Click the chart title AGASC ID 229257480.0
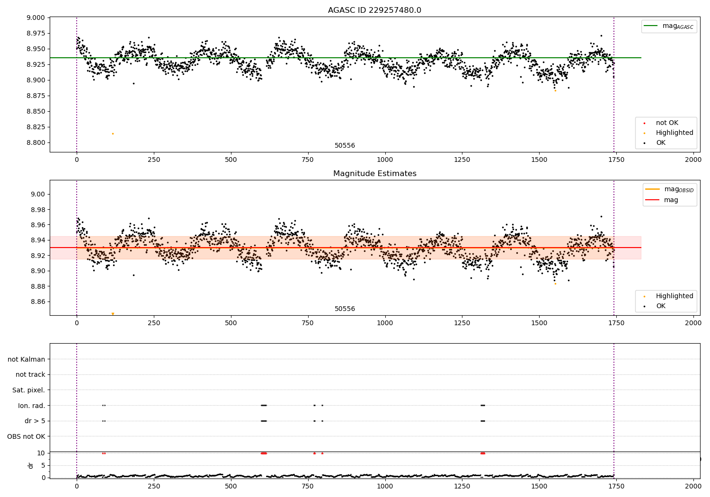tap(374, 10)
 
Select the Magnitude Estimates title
tap(375, 173)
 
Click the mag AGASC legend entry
tap(669, 26)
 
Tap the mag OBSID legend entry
tap(669, 189)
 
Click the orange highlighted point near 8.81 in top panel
tap(113, 134)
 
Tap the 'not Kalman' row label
tap(27, 359)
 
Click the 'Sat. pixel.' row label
tap(28, 390)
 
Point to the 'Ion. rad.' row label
tap(31, 406)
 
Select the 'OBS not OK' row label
tap(26, 436)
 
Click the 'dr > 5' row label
tap(35, 421)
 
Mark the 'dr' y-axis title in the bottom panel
tap(30, 465)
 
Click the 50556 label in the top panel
tap(345, 145)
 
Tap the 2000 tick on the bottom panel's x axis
tap(693, 486)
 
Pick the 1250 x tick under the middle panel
tap(462, 323)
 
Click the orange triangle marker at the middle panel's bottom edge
tap(113, 314)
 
